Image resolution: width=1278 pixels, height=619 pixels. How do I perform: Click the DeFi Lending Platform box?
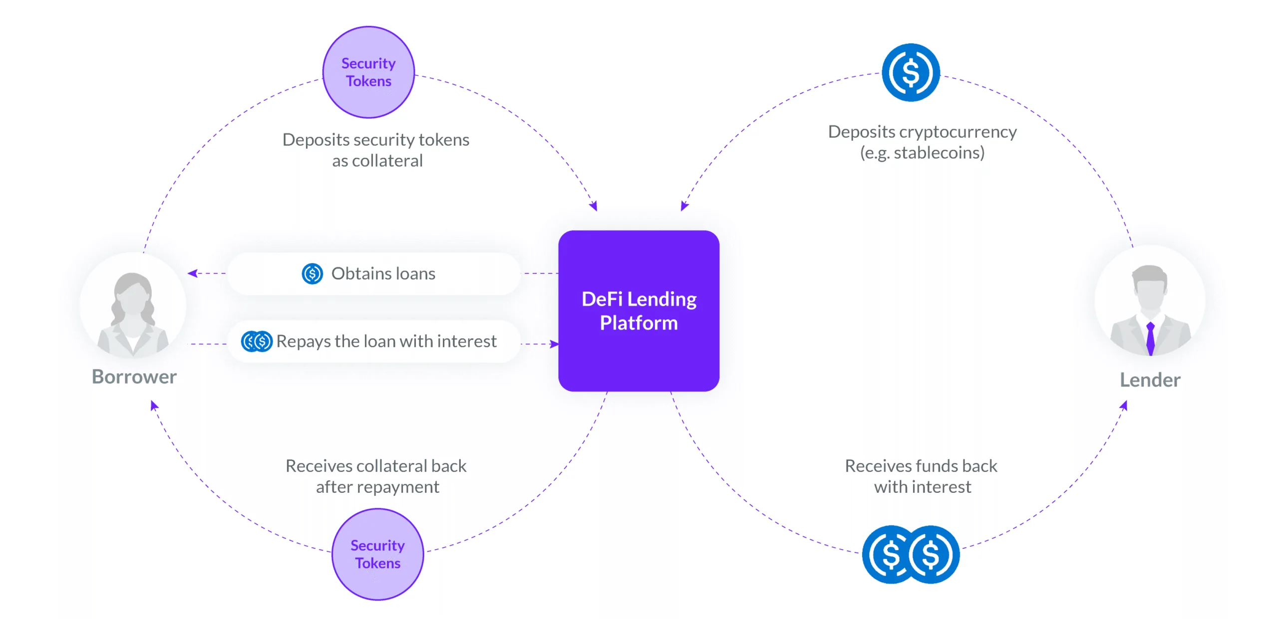[639, 310]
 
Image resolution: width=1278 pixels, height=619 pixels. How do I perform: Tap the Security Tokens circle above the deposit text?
[368, 72]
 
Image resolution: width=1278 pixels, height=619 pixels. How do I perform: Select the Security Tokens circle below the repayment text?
[377, 554]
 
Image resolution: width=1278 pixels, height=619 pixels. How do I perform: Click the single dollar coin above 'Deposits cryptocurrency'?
[911, 72]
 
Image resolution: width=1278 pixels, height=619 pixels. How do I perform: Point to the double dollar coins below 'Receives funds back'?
[911, 554]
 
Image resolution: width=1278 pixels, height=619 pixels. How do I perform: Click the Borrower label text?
[134, 376]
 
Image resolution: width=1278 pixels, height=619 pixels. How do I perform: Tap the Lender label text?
[1150, 380]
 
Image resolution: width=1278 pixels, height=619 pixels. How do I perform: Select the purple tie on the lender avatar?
[1150, 337]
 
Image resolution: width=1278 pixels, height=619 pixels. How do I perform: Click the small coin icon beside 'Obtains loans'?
[313, 274]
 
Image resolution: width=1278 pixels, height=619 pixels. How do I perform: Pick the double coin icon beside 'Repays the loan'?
[257, 341]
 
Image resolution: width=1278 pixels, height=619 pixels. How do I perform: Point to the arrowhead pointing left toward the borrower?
[193, 273]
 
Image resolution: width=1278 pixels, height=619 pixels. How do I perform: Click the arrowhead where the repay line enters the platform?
[554, 344]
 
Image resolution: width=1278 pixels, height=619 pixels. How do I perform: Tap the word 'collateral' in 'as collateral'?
[387, 161]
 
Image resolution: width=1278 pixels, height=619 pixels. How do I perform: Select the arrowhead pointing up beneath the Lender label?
[1124, 405]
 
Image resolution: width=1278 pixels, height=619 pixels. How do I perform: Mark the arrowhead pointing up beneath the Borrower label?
[154, 405]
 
